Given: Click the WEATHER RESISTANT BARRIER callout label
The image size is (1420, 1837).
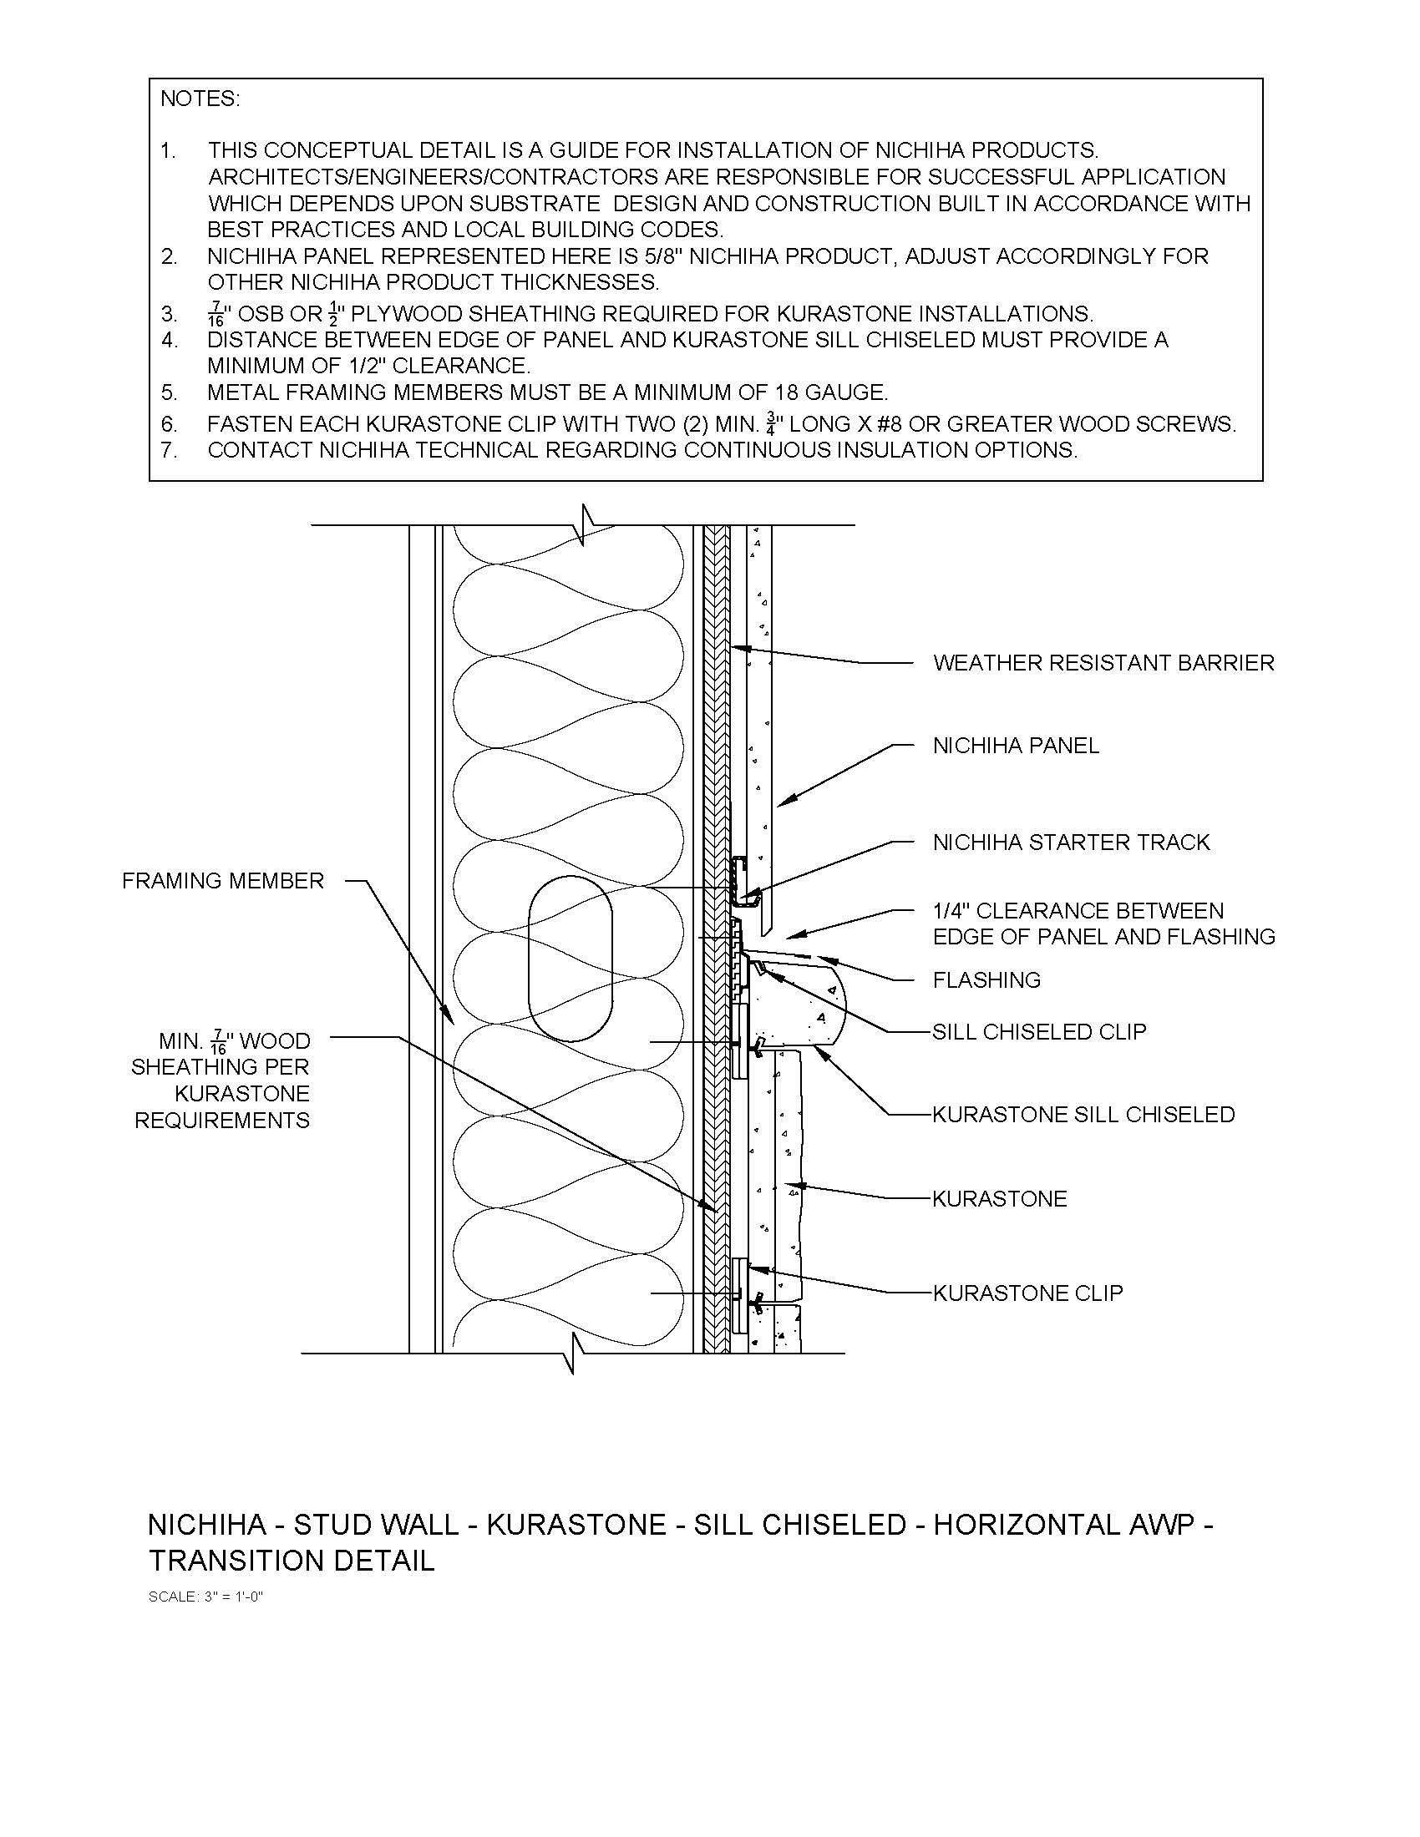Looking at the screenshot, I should tap(1103, 663).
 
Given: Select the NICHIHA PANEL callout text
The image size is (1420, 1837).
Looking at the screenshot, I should tap(1016, 745).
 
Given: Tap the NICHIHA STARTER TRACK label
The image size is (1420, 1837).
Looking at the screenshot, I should tap(1071, 842).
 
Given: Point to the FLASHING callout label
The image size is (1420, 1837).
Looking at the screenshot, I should tap(986, 980).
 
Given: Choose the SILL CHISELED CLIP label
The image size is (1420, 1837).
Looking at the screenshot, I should tap(1039, 1031).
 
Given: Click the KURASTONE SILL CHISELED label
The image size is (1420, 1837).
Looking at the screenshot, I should tap(1083, 1115).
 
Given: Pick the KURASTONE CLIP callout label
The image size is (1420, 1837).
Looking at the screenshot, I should tap(1028, 1293).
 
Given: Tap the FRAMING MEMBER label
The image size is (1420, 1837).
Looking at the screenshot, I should tap(223, 881).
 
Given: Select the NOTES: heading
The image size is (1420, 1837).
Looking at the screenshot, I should tap(200, 99).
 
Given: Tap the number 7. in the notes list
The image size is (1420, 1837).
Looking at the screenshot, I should tap(169, 450).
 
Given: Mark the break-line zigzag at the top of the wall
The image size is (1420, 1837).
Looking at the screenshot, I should tap(586, 525).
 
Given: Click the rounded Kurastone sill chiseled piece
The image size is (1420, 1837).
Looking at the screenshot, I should tap(820, 1005).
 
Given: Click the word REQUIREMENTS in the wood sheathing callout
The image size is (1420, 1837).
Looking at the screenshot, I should tap(222, 1121).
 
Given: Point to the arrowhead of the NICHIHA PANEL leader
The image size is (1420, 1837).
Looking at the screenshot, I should tap(779, 804).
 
